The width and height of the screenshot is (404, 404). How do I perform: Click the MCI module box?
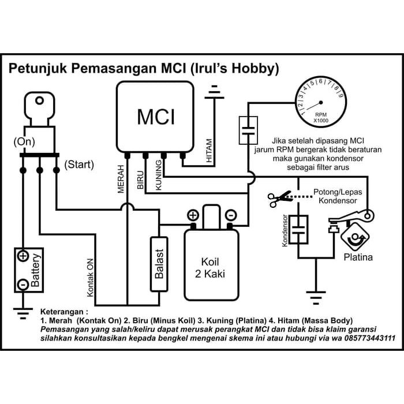tap(155, 117)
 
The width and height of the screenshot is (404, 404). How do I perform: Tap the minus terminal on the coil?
tap(230, 215)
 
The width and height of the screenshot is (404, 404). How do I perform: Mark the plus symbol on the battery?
tap(23, 256)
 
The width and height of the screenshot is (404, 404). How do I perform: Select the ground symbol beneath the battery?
tap(23, 315)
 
